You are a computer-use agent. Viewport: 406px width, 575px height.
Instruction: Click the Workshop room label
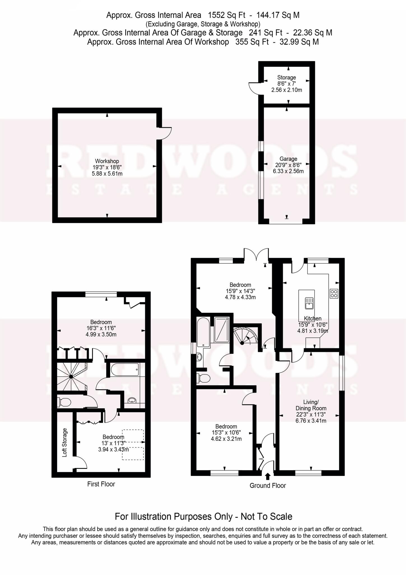pyautogui.click(x=107, y=161)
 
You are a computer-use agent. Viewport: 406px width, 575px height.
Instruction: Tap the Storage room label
pyautogui.click(x=286, y=77)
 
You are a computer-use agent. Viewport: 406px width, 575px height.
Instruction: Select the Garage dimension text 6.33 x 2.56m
pyautogui.click(x=288, y=171)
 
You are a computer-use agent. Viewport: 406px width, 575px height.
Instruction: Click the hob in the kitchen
pyautogui.click(x=334, y=294)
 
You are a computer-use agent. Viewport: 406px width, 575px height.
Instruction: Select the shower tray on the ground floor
pyautogui.click(x=222, y=330)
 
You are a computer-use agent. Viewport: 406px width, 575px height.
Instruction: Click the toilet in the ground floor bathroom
pyautogui.click(x=203, y=378)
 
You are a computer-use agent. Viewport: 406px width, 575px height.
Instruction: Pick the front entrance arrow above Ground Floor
pyautogui.click(x=268, y=476)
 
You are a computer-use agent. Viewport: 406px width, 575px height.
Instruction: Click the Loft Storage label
pyautogui.click(x=65, y=442)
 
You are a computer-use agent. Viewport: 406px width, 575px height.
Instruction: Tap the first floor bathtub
pyautogui.click(x=125, y=370)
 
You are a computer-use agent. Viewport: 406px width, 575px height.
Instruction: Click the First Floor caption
pyautogui.click(x=101, y=484)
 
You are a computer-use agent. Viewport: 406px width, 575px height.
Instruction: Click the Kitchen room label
pyautogui.click(x=313, y=318)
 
